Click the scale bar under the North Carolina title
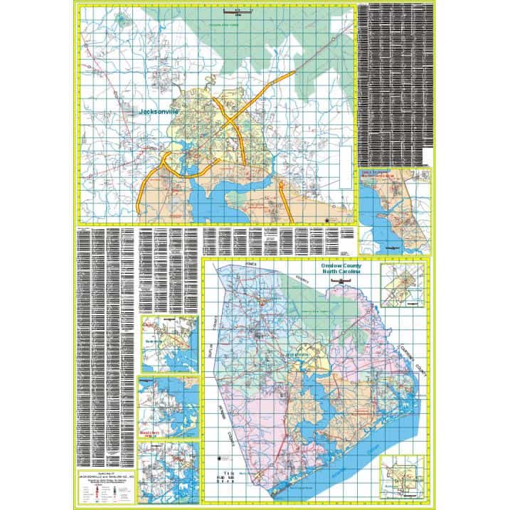click(342, 282)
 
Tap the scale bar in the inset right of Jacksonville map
click(388, 247)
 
